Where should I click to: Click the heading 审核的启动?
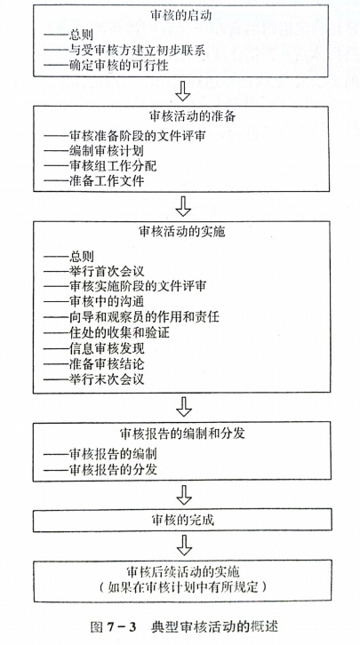(x=181, y=16)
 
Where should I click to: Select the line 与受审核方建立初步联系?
(x=124, y=50)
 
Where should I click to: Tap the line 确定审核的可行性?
(x=106, y=65)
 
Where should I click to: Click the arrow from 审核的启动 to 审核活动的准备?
(x=183, y=91)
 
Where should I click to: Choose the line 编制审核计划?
(x=94, y=150)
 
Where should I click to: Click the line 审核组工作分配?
(x=100, y=165)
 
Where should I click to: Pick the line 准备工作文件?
(x=94, y=180)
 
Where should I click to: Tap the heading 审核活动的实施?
(x=182, y=231)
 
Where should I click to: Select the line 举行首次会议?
(x=94, y=271)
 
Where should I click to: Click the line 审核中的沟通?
(x=94, y=301)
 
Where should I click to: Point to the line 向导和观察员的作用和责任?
(x=132, y=317)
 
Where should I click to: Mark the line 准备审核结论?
(x=94, y=363)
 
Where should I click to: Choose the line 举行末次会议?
(x=94, y=378)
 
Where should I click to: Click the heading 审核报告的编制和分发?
(x=182, y=434)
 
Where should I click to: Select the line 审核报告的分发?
(x=100, y=469)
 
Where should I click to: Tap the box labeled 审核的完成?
(x=182, y=520)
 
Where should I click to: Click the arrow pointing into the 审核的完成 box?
(x=184, y=495)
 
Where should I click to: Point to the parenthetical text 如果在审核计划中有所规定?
(x=183, y=586)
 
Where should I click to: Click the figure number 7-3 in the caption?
(x=121, y=626)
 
